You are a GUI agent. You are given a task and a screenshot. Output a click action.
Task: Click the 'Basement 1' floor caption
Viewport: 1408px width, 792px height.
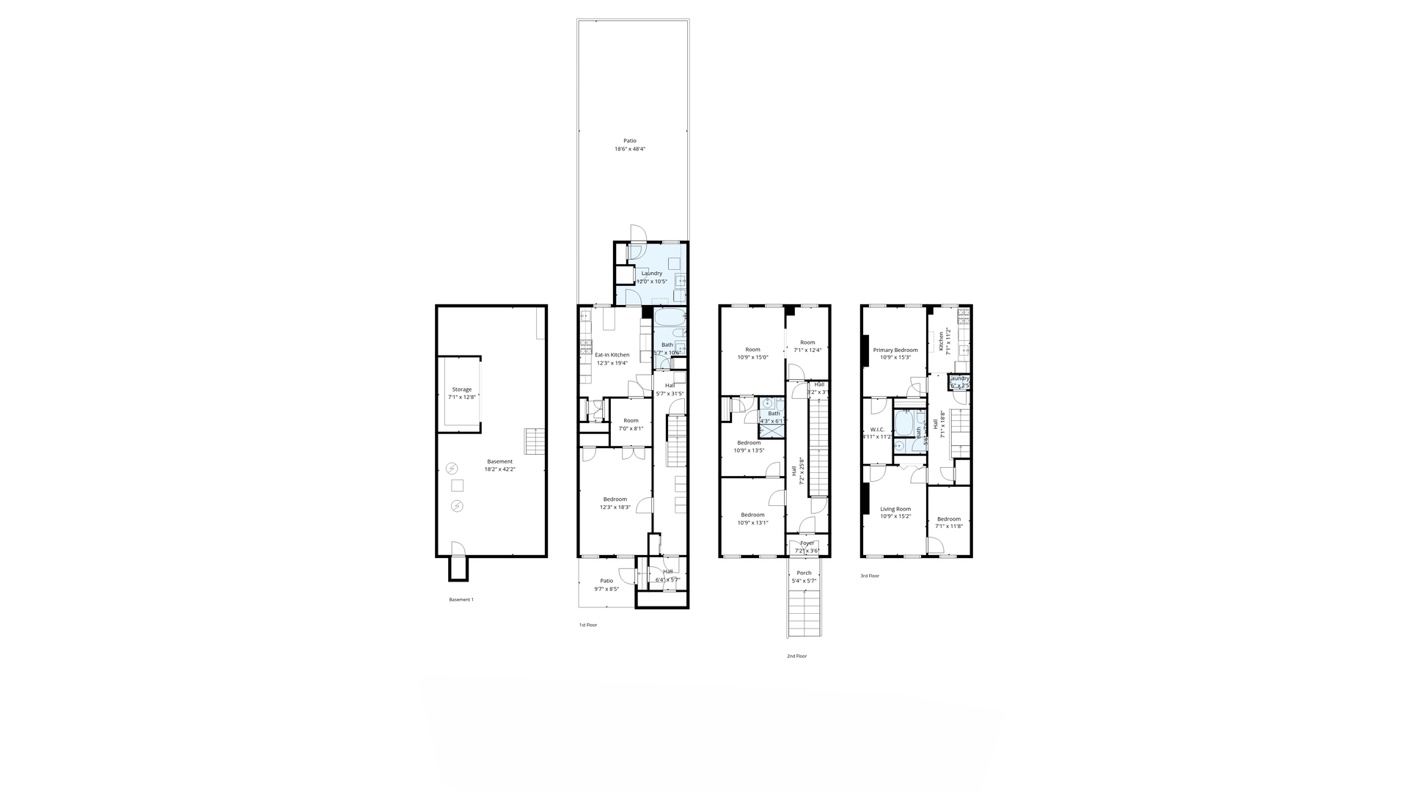coord(461,600)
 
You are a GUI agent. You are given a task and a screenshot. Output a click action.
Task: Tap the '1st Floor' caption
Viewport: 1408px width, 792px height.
coord(588,625)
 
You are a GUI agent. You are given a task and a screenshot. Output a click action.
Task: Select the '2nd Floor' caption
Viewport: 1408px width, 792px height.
coord(796,656)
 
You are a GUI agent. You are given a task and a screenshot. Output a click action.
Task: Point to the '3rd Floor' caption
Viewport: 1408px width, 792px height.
coord(870,576)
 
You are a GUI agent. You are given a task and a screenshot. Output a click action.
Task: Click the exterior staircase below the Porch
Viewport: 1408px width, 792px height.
coord(804,612)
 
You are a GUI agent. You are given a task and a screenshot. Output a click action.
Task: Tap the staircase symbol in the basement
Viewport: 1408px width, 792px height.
coord(535,441)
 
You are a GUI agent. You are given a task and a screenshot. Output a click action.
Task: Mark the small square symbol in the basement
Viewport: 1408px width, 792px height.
coord(458,485)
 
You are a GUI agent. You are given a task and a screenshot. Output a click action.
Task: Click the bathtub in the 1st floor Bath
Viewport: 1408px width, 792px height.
coord(669,318)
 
